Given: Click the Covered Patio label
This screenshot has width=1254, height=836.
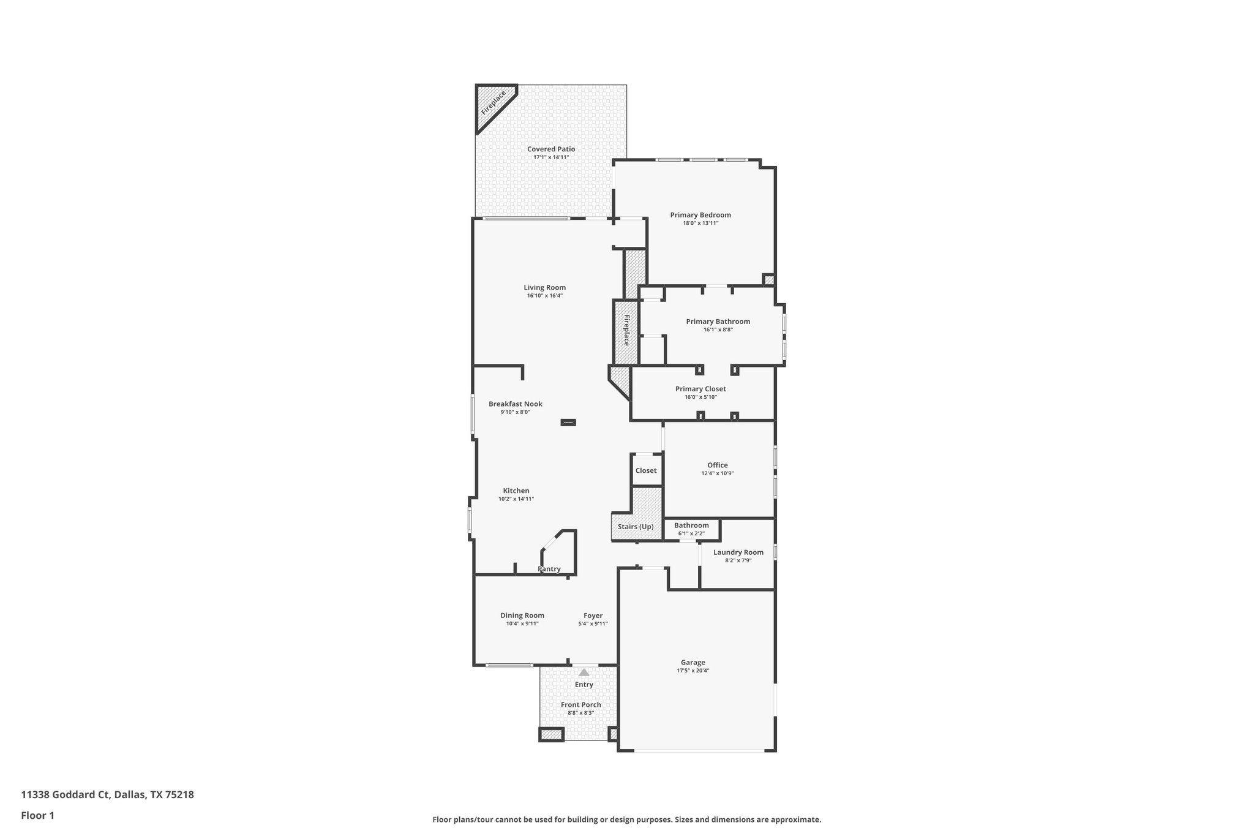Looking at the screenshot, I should [551, 149].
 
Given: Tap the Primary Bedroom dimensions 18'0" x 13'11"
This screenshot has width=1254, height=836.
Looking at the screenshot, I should [700, 224].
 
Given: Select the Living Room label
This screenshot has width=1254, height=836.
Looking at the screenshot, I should [544, 287].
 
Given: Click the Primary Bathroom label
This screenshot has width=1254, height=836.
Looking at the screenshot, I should [718, 322].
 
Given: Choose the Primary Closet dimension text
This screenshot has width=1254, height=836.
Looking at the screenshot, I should [700, 397].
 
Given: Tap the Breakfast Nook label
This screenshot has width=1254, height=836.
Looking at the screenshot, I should [515, 404].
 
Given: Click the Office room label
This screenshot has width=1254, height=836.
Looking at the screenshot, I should [717, 465].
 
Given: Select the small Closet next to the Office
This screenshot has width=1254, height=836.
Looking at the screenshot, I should [646, 470].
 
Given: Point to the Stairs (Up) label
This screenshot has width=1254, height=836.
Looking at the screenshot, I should [635, 527].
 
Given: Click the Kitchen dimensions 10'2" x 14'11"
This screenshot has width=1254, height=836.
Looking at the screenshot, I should [516, 499].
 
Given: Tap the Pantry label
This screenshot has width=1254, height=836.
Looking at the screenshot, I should [549, 569].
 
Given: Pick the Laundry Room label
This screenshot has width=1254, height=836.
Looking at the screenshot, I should [738, 552].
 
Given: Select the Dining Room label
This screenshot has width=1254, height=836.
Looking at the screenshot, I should [522, 616].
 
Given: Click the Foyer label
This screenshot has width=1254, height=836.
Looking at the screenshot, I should [593, 616].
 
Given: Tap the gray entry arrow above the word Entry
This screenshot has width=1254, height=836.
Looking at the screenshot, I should [584, 672].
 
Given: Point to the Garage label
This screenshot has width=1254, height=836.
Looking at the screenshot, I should [693, 662].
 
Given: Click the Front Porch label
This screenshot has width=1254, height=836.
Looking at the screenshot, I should [580, 705].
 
